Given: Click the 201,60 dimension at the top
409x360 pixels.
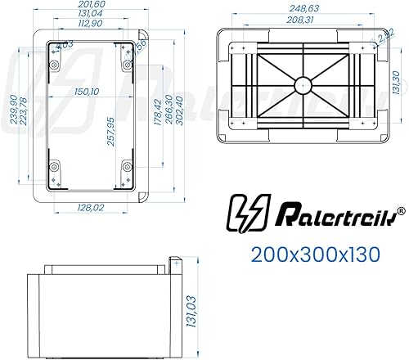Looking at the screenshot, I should (x=90, y=6).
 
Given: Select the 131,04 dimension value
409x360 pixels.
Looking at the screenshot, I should (x=90, y=15).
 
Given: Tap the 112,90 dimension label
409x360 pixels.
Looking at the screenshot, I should (x=90, y=24).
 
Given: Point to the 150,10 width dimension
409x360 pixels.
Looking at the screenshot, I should (x=88, y=92).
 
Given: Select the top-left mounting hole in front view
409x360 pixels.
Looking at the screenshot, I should (x=55, y=48).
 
